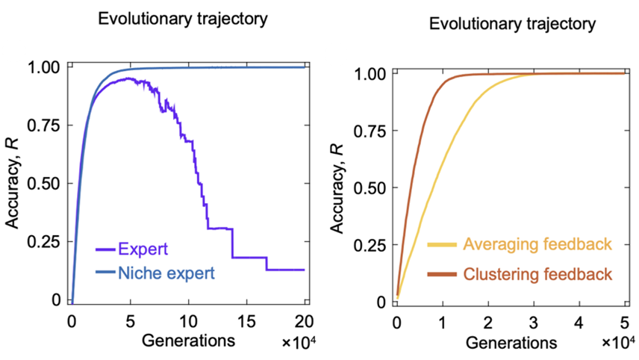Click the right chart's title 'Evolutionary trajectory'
(x=512, y=25)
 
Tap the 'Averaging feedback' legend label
(x=537, y=244)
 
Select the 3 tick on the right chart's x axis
(x=532, y=323)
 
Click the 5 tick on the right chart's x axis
(x=623, y=323)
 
